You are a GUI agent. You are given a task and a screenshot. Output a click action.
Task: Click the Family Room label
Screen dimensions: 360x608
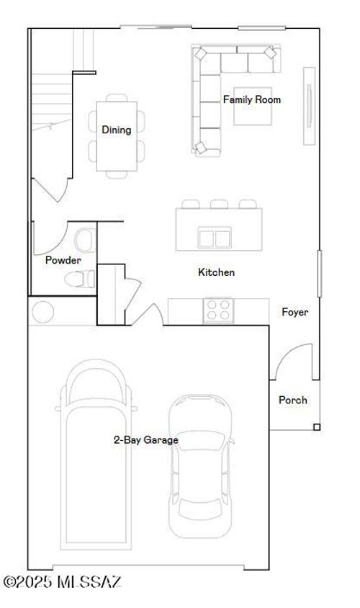tap(252, 99)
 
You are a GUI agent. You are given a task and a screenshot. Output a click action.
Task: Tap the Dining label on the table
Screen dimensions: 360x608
tap(116, 130)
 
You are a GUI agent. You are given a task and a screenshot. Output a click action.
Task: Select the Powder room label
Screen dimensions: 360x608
tap(63, 260)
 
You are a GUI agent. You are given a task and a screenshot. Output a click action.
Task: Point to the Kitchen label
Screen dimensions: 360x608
tap(216, 272)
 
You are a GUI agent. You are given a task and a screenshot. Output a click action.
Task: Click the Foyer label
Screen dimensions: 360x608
tap(295, 312)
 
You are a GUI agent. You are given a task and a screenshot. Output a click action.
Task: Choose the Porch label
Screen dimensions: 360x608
tap(293, 400)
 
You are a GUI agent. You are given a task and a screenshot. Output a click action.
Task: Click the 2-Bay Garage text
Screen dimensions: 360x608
tap(146, 439)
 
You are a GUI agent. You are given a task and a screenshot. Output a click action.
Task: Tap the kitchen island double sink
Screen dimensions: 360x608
tap(215, 238)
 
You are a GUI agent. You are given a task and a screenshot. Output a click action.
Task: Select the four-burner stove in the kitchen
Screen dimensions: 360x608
tap(218, 310)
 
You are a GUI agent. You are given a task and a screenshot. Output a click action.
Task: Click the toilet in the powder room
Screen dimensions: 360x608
tap(80, 279)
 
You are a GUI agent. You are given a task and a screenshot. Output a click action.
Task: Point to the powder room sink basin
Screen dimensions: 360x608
tap(85, 241)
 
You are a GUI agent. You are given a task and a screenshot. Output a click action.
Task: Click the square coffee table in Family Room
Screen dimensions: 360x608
tap(253, 106)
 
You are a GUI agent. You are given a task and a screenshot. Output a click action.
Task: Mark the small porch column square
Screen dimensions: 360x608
tap(317, 427)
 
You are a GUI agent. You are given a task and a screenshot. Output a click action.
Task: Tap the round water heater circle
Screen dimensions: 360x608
tap(43, 312)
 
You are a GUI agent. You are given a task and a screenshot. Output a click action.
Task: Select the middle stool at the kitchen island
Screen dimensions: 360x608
tap(220, 204)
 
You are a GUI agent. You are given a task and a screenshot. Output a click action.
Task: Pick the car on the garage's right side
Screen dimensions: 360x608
tap(201, 466)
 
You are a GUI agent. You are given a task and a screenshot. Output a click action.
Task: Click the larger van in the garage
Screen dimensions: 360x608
tap(96, 455)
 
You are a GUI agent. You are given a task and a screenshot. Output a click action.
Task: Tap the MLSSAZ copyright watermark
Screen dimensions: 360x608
tap(63, 581)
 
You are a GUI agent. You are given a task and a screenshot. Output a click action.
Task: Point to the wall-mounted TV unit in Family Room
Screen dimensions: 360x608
tap(309, 106)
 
